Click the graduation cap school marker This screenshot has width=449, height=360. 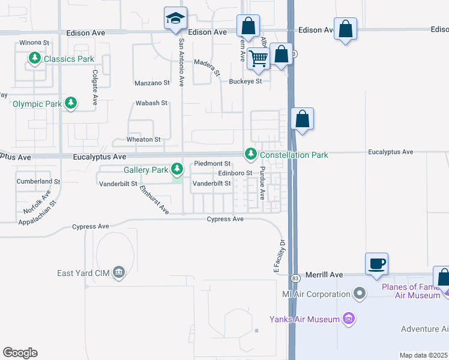click(175, 19)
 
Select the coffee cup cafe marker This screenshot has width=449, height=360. click(376, 264)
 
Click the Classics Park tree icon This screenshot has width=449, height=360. click(35, 59)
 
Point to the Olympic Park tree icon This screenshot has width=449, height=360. click(71, 104)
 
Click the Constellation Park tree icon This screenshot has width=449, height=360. click(250, 155)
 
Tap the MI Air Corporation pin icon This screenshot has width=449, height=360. click(360, 294)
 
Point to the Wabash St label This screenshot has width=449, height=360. click(151, 103)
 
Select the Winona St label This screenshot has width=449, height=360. click(34, 43)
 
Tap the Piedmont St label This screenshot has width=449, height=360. click(212, 163)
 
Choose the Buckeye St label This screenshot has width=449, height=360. click(246, 81)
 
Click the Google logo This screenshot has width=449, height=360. click(20, 353)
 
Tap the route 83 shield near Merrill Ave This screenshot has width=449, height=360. click(295, 278)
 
